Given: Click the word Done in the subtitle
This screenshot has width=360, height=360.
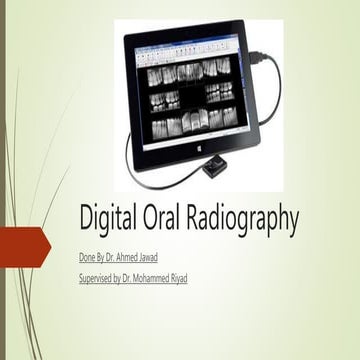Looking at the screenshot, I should [x=89, y=258].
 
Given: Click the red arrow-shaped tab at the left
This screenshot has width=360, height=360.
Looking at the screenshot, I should [x=22, y=247].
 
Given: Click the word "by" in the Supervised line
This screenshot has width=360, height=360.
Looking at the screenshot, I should [x=130, y=278].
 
